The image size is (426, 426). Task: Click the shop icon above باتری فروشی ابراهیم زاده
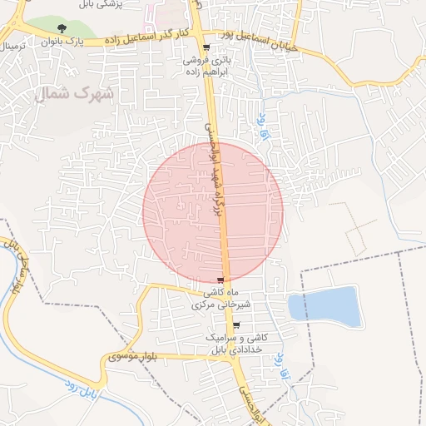(206, 48)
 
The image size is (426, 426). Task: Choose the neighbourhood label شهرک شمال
(74, 93)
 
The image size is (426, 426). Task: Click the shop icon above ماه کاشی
(220, 280)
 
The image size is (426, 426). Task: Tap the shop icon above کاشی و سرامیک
(236, 326)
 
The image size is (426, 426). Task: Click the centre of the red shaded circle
(213, 212)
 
